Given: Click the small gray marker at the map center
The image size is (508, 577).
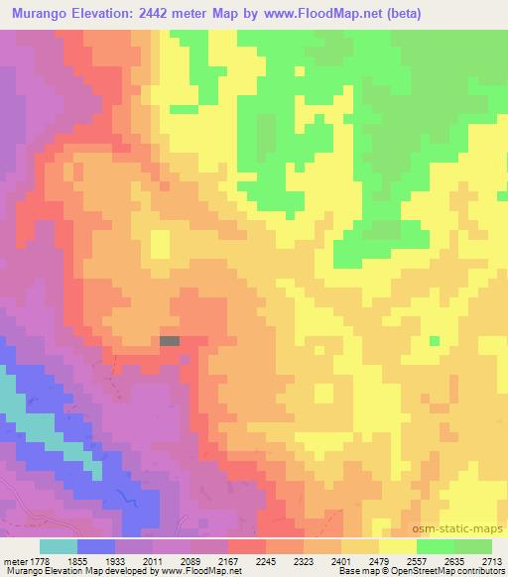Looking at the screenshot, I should [170, 340].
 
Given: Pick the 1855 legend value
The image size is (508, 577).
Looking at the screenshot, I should [77, 561].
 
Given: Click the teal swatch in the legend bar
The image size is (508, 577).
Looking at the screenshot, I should [59, 546].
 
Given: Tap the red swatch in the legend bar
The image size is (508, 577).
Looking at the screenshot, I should [247, 546].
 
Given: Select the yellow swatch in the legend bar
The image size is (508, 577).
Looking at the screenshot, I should [398, 546].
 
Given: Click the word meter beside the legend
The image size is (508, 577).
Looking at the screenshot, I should [12, 561].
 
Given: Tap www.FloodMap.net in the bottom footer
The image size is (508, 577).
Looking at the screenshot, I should [184, 571].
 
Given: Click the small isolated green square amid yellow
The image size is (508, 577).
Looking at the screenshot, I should [435, 340].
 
